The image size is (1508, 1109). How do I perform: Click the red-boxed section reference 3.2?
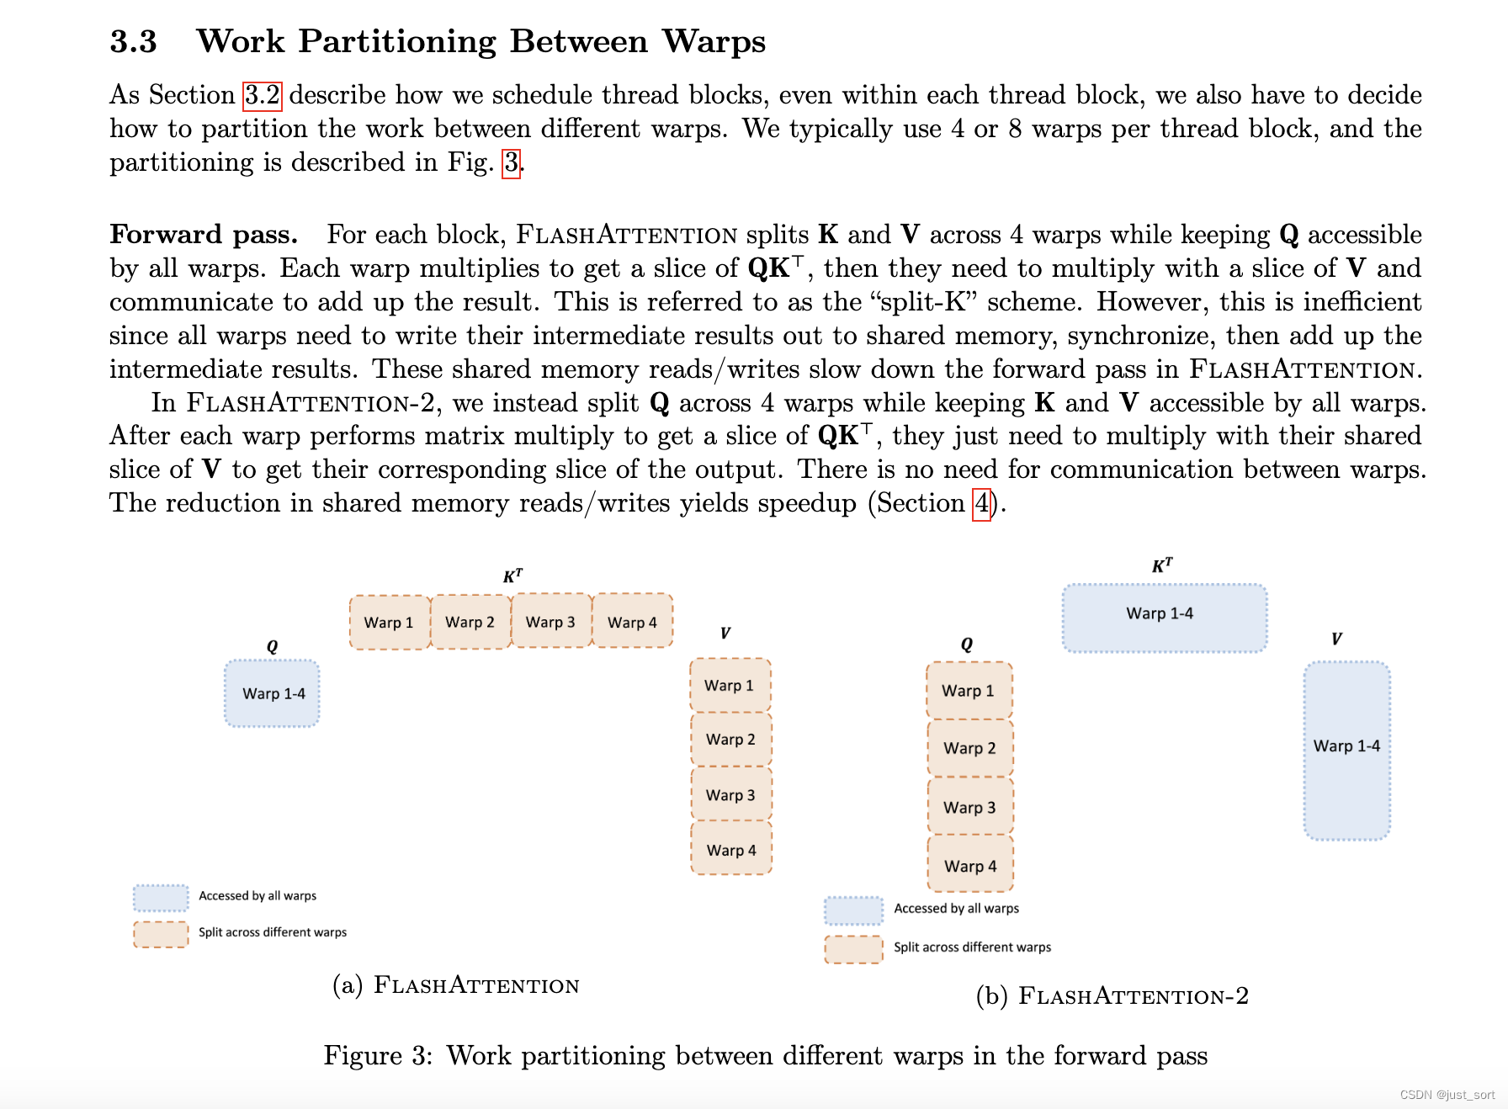(x=262, y=95)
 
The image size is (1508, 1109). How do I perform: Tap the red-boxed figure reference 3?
(x=511, y=162)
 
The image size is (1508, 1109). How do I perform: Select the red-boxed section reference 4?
(x=981, y=504)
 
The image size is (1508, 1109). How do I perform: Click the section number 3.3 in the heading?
(x=133, y=41)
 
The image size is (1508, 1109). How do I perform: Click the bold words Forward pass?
(x=204, y=235)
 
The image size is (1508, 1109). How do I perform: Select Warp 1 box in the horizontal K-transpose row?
(x=389, y=623)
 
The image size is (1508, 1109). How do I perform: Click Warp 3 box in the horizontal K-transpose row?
(x=550, y=622)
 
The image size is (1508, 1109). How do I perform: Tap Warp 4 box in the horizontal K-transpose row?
(x=632, y=623)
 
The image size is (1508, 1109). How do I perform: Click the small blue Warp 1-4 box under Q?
(x=273, y=693)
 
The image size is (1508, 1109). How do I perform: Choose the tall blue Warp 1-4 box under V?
(x=1346, y=746)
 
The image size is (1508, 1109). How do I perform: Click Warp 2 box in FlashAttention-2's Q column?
(x=969, y=748)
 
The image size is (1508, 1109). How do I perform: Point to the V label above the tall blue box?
(x=1336, y=639)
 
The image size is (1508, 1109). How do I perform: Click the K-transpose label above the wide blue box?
(x=1162, y=565)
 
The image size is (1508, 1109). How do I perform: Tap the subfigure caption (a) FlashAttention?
(x=456, y=984)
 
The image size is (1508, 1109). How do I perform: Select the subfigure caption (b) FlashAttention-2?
(x=1112, y=996)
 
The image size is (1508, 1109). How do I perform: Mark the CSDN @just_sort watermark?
(x=1447, y=1095)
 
